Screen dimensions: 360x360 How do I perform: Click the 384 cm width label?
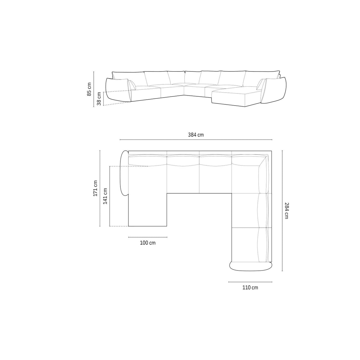(x=196, y=135)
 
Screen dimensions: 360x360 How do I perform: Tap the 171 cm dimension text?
(x=95, y=188)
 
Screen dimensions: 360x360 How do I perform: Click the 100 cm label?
(x=147, y=243)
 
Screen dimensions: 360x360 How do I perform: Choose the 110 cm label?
(x=250, y=287)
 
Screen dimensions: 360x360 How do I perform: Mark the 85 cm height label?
(x=89, y=89)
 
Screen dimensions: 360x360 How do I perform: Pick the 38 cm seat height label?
(x=99, y=99)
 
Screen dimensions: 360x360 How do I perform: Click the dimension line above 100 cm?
(x=148, y=237)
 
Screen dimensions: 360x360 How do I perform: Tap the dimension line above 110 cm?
(x=250, y=282)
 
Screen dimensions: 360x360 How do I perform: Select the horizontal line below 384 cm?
(x=196, y=139)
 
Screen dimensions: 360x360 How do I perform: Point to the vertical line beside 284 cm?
(x=282, y=211)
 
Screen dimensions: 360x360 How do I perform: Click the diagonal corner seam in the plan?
(x=264, y=161)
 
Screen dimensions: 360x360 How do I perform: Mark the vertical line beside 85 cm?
(x=93, y=89)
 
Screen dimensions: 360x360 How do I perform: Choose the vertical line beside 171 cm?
(x=100, y=188)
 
